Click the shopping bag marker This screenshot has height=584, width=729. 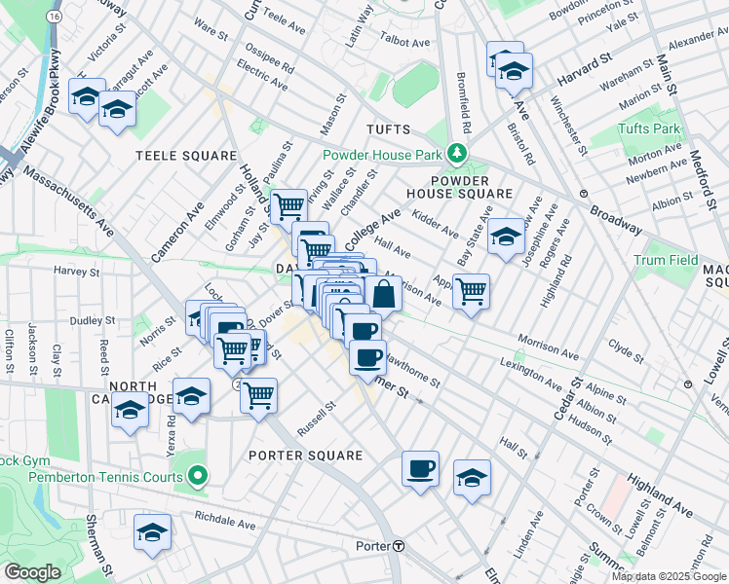(x=384, y=293)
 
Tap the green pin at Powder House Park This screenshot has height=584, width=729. (x=455, y=154)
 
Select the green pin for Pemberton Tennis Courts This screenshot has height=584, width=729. (x=198, y=477)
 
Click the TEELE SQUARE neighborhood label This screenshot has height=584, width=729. (x=186, y=156)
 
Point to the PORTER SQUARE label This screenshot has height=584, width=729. (x=305, y=456)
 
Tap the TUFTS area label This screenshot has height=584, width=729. (x=390, y=129)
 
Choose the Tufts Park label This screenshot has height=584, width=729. (x=648, y=129)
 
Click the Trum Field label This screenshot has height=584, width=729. (x=666, y=260)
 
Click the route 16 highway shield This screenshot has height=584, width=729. (x=55, y=18)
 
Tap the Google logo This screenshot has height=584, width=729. (x=32, y=571)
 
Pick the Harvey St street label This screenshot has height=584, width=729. (x=78, y=271)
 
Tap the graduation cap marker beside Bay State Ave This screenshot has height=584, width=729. (x=506, y=237)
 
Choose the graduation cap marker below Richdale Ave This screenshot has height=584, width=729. (x=152, y=533)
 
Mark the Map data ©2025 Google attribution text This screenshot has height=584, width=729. (x=669, y=576)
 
